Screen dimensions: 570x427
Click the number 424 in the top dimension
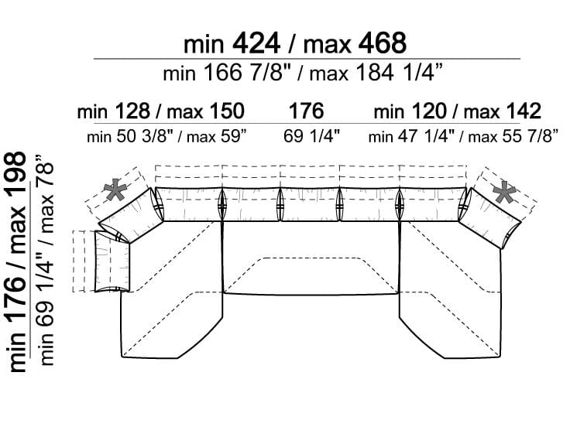256,43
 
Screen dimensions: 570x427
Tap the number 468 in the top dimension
383,43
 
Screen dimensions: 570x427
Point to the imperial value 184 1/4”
400,72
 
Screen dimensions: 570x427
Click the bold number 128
132,111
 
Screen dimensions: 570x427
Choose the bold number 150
225,111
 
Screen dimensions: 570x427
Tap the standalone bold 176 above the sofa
306,111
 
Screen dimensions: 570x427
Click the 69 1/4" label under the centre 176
311,136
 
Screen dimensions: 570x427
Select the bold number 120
429,111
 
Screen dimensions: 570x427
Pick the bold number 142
523,111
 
